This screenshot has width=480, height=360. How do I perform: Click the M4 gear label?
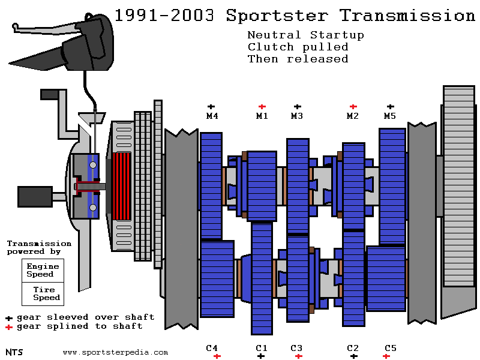211,116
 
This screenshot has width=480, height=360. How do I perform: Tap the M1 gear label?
262,116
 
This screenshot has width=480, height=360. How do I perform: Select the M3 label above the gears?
297,116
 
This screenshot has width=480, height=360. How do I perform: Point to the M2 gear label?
353,116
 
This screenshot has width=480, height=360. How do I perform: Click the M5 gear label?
390,116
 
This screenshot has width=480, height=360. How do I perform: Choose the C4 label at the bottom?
212,348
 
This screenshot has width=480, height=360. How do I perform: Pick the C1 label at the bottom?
261,348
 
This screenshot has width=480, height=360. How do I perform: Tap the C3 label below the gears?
296,348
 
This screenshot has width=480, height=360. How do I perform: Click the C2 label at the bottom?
353,348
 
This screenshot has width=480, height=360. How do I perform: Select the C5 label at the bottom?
390,348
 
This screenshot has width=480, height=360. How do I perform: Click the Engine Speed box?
42,270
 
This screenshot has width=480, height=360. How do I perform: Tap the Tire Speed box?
43,293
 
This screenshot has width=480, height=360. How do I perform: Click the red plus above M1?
262,107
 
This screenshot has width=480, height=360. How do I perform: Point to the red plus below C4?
217,356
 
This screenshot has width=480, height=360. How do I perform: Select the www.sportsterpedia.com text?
115,353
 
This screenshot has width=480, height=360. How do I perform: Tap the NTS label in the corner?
14,352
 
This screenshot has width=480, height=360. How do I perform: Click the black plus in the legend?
9,318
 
